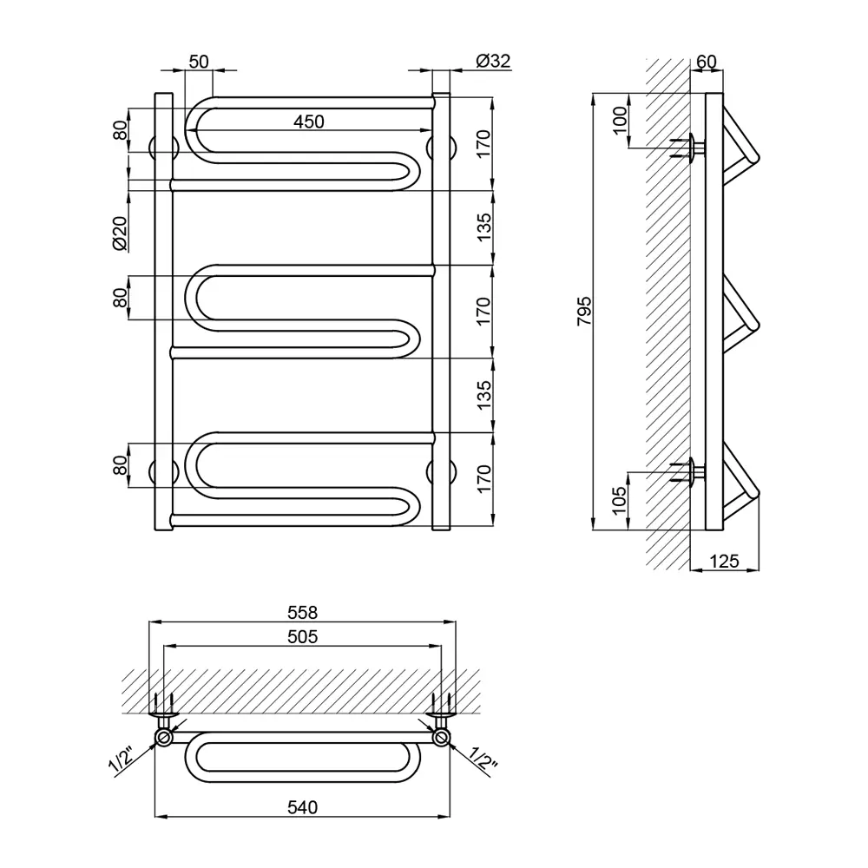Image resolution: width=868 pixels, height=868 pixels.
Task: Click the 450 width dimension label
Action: click(308, 122)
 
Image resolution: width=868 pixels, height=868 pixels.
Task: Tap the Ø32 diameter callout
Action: click(493, 61)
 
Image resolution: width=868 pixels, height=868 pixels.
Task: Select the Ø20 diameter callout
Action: click(120, 233)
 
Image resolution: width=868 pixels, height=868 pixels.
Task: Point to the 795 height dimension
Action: click(584, 311)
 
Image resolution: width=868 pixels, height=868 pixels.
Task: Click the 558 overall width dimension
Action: click(302, 612)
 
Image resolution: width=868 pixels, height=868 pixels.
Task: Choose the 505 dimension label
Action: click(302, 636)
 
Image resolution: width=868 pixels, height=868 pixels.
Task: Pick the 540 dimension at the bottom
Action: click(302, 807)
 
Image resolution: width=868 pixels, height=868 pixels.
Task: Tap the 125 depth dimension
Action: click(724, 562)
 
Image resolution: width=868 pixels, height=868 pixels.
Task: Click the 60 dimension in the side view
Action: click(707, 62)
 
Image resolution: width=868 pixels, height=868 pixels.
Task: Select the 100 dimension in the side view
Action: click(620, 120)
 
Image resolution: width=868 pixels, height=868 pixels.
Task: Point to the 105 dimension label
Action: click(620, 501)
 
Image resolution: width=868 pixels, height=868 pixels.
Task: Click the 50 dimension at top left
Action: click(199, 62)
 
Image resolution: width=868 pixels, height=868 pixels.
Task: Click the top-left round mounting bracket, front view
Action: click(163, 147)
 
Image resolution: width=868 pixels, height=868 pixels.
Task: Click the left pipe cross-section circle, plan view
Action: click(163, 737)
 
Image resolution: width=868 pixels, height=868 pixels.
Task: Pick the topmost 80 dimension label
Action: click(120, 131)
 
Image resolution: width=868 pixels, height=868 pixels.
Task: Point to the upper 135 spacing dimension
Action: click(483, 227)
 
